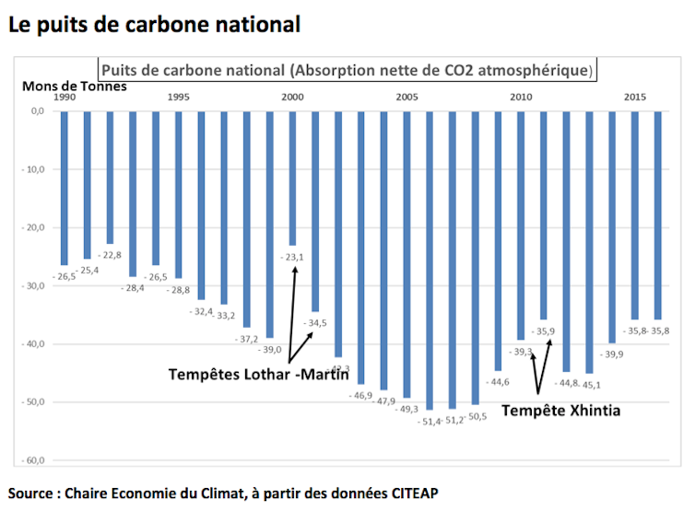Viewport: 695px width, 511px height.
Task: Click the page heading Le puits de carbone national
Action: tap(154, 24)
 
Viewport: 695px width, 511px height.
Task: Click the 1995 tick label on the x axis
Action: tap(178, 97)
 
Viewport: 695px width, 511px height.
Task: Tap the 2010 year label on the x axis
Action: tap(521, 97)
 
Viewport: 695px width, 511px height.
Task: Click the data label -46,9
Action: tap(359, 395)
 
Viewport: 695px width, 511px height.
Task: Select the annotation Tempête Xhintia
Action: tap(560, 411)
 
